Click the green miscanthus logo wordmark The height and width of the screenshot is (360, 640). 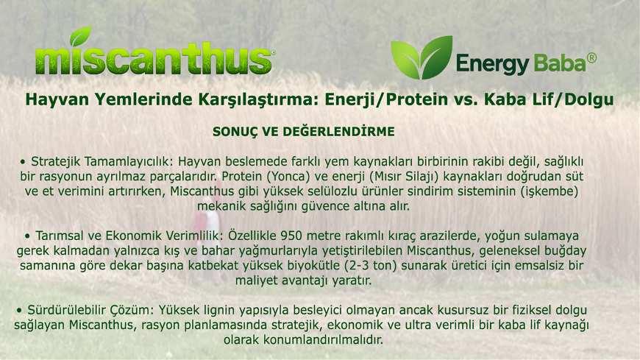154,59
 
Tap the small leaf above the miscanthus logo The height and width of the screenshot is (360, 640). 80,36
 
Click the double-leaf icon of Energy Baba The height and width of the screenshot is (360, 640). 422,57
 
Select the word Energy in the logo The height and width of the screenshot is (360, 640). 492,65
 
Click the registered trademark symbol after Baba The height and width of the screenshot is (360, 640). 591,58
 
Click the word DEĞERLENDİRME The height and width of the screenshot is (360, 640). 339,132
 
